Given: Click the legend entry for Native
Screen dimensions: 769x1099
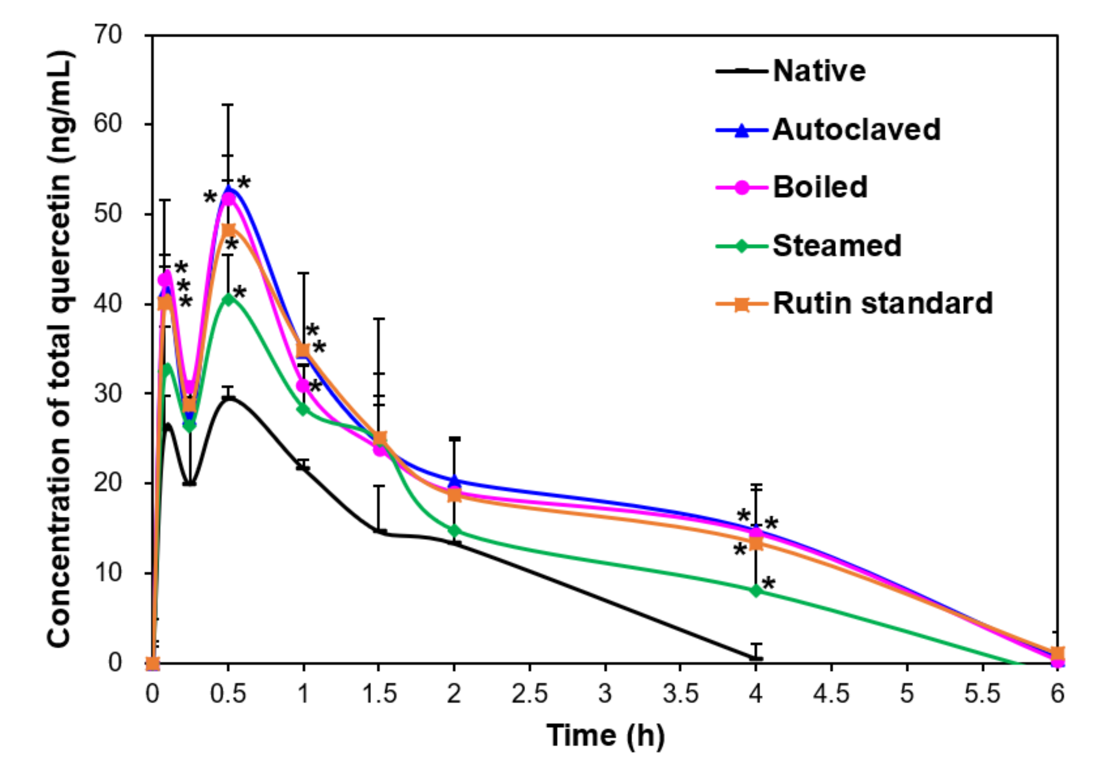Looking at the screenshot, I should click(819, 71).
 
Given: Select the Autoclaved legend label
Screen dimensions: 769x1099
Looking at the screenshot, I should click(856, 130).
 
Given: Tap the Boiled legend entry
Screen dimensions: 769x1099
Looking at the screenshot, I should click(820, 187).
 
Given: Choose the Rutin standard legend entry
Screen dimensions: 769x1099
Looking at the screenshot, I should click(882, 304).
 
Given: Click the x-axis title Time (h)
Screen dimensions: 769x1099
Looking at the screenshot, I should click(605, 735).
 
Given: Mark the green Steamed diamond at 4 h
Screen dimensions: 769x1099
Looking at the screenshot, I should click(756, 591).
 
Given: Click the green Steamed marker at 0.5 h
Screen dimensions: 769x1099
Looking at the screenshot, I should click(228, 300).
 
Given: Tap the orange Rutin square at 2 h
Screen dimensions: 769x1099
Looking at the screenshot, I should click(454, 495).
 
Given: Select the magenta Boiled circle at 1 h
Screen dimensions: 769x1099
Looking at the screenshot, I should click(303, 385).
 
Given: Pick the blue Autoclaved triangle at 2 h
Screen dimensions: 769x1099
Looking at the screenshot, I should click(454, 480).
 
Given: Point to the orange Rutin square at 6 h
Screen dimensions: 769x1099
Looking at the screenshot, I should click(1057, 654).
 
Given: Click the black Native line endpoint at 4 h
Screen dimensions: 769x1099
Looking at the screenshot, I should click(756, 658).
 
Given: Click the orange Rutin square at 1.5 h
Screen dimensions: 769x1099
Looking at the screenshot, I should click(380, 438).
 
